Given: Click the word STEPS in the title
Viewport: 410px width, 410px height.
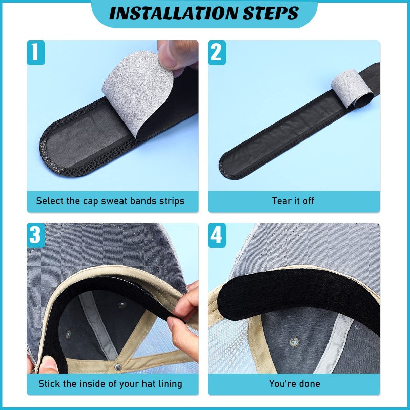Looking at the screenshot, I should click(x=270, y=13).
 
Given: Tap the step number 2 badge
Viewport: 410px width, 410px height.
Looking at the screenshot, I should click(x=217, y=52).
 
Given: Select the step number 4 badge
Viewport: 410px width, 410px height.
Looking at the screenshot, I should click(x=217, y=235).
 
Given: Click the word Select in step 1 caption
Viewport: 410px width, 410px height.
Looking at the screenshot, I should click(x=50, y=201).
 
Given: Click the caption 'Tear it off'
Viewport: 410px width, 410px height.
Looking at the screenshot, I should click(x=293, y=201).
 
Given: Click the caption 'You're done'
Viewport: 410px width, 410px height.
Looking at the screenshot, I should click(x=294, y=383).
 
